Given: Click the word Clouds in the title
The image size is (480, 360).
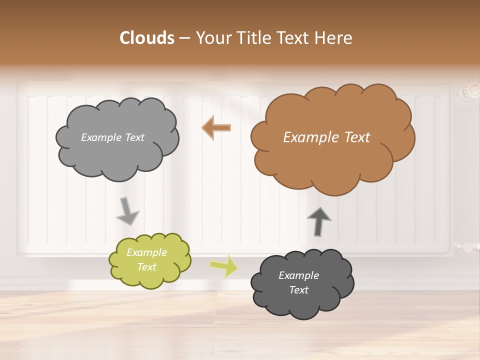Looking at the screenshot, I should (x=147, y=38).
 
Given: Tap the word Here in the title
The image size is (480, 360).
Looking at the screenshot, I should (x=333, y=38).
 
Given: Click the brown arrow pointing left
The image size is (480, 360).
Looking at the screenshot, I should (x=216, y=127).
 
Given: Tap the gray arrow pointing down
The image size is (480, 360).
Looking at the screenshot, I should (x=128, y=211).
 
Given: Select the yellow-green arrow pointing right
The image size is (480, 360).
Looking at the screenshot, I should (x=224, y=265).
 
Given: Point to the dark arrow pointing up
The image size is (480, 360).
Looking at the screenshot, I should (x=318, y=221).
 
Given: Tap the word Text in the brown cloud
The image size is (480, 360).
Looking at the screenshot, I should (x=356, y=137).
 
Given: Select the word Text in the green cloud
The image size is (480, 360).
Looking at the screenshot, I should (x=147, y=267).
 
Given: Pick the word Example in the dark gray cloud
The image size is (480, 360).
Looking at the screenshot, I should (x=298, y=275).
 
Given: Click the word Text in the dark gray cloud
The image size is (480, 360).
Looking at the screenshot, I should (x=298, y=290).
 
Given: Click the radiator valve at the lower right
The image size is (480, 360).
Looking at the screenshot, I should (x=466, y=247).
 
